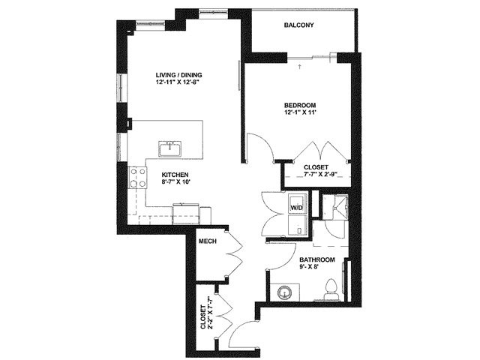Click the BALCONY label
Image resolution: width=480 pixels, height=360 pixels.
coord(298,25)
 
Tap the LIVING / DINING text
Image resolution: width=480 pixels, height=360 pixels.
coord(178,75)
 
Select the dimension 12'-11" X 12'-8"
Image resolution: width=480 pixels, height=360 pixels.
coord(178,82)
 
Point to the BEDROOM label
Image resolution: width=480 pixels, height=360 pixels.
coord(300,105)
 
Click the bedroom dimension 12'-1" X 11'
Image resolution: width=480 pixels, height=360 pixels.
coord(300,112)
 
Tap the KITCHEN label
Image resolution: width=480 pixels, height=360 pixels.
coord(175,175)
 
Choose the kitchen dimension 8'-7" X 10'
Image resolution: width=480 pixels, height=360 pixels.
coord(176,181)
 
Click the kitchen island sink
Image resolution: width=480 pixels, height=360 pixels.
coord(170,148)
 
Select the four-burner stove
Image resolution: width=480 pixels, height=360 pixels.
coord(137,178)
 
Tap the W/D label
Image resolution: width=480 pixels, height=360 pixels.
coord(296,208)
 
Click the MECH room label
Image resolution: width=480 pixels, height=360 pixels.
coord(208,241)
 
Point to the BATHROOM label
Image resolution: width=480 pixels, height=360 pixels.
coord(317,259)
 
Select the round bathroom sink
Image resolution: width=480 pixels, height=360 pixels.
coord(283,293)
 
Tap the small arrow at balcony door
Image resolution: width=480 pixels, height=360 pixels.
coord(300,67)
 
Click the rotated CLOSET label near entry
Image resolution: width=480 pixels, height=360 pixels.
coord(203,316)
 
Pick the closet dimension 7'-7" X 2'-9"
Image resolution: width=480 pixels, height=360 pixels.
coord(322,175)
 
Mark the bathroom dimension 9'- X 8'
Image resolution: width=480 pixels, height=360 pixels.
coord(309,266)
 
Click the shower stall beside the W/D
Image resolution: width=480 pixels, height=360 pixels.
coord(334,207)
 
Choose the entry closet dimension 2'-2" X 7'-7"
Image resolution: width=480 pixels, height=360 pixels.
coord(210,312)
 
